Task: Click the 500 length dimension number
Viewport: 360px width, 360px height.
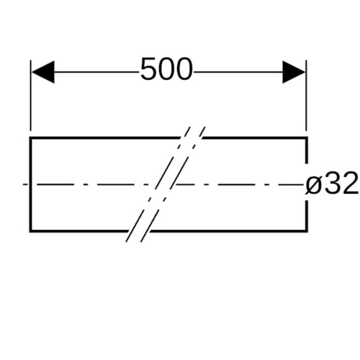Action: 166,69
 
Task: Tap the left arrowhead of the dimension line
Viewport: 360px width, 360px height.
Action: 43,72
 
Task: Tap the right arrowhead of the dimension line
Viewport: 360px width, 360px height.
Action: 294,72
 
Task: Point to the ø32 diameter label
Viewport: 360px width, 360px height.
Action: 332,184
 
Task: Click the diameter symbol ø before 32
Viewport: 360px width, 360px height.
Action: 314,185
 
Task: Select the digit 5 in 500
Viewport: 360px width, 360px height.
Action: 149,69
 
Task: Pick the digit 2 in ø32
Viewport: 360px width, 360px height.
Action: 351,183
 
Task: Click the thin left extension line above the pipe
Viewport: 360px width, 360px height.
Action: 31,96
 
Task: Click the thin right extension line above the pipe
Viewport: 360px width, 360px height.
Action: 306,96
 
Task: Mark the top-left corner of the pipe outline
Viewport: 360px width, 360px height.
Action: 30,138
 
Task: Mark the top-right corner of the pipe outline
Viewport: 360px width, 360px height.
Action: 307,138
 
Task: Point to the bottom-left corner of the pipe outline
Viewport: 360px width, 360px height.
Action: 30,231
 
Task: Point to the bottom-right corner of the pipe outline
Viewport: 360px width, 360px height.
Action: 307,231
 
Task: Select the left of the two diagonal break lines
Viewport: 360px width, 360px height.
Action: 158,184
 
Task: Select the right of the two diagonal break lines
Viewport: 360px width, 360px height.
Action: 173,184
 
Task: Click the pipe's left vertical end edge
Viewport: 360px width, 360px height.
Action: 30,184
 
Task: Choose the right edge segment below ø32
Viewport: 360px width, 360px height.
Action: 307,216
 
